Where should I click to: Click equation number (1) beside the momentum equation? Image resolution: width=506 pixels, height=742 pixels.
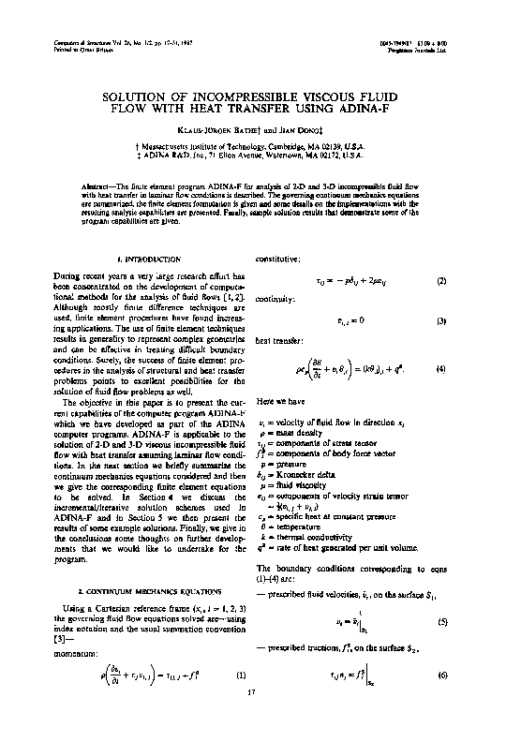tap(241, 675)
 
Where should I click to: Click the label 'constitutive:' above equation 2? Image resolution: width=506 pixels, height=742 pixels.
tap(275, 258)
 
